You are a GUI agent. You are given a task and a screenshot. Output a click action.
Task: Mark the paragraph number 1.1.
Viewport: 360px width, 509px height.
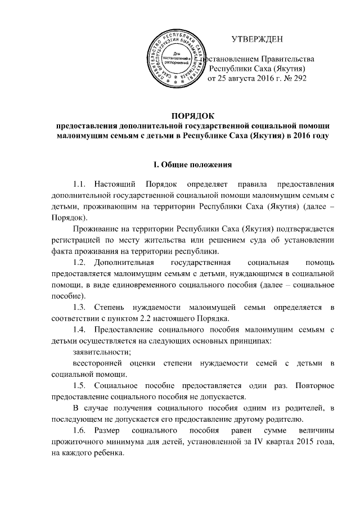pyautogui.click(x=80, y=184)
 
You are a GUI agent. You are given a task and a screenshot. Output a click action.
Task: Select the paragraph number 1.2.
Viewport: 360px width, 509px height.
pyautogui.click(x=80, y=263)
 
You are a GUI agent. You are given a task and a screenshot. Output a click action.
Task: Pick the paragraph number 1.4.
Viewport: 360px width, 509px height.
pyautogui.click(x=80, y=330)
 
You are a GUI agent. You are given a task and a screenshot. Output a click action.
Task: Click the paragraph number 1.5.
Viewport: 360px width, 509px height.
pyautogui.click(x=80, y=386)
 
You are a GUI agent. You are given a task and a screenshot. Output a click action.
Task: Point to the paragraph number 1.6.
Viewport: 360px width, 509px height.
pyautogui.click(x=80, y=431)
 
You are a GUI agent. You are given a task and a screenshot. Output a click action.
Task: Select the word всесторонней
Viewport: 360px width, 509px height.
pyautogui.click(x=93, y=363)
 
